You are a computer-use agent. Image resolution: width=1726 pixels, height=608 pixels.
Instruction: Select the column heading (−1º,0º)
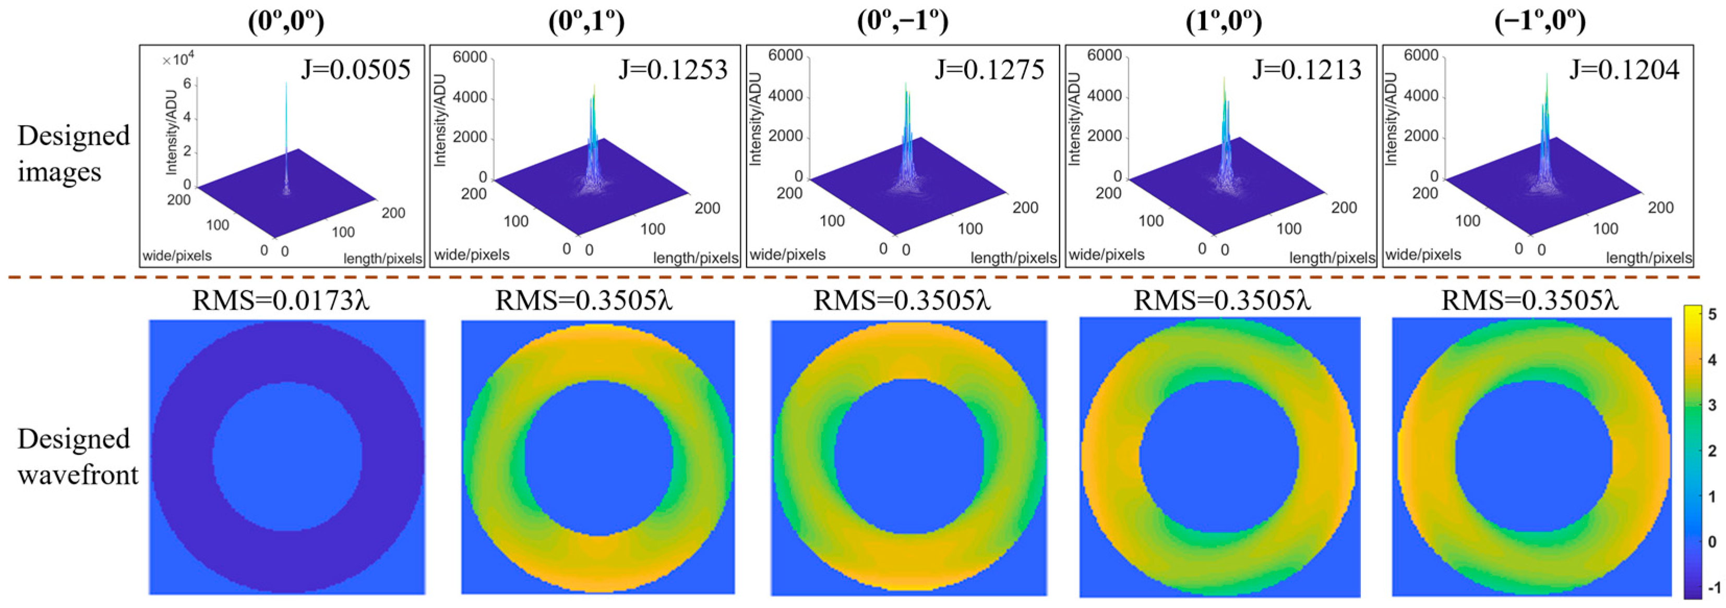point(1540,21)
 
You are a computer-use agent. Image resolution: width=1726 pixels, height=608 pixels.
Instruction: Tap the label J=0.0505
point(355,70)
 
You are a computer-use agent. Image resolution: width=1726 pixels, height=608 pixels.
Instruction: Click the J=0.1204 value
point(1624,70)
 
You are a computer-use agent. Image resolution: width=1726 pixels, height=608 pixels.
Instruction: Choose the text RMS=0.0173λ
point(281,301)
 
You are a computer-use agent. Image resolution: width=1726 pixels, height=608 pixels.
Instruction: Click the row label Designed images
point(74,153)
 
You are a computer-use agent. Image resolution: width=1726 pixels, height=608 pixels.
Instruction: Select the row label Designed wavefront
point(78,457)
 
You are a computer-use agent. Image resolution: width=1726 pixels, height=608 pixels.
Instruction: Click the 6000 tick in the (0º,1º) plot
point(470,57)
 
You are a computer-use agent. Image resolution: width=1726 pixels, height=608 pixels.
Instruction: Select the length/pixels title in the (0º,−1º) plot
point(1013,257)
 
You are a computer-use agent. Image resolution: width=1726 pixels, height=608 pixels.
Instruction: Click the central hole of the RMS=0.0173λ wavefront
point(287,457)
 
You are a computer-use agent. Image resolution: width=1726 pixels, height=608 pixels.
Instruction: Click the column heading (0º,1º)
point(586,21)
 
